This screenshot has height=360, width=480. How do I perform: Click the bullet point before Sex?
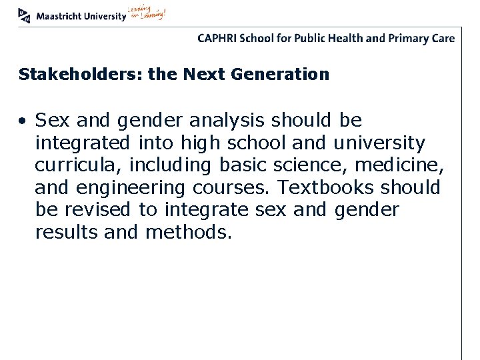point(23,121)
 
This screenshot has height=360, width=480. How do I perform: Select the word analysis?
point(227,121)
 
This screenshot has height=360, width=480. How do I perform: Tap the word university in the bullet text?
point(379,143)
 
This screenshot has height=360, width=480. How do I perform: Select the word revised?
point(98,210)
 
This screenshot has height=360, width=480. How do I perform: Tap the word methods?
point(189,233)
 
